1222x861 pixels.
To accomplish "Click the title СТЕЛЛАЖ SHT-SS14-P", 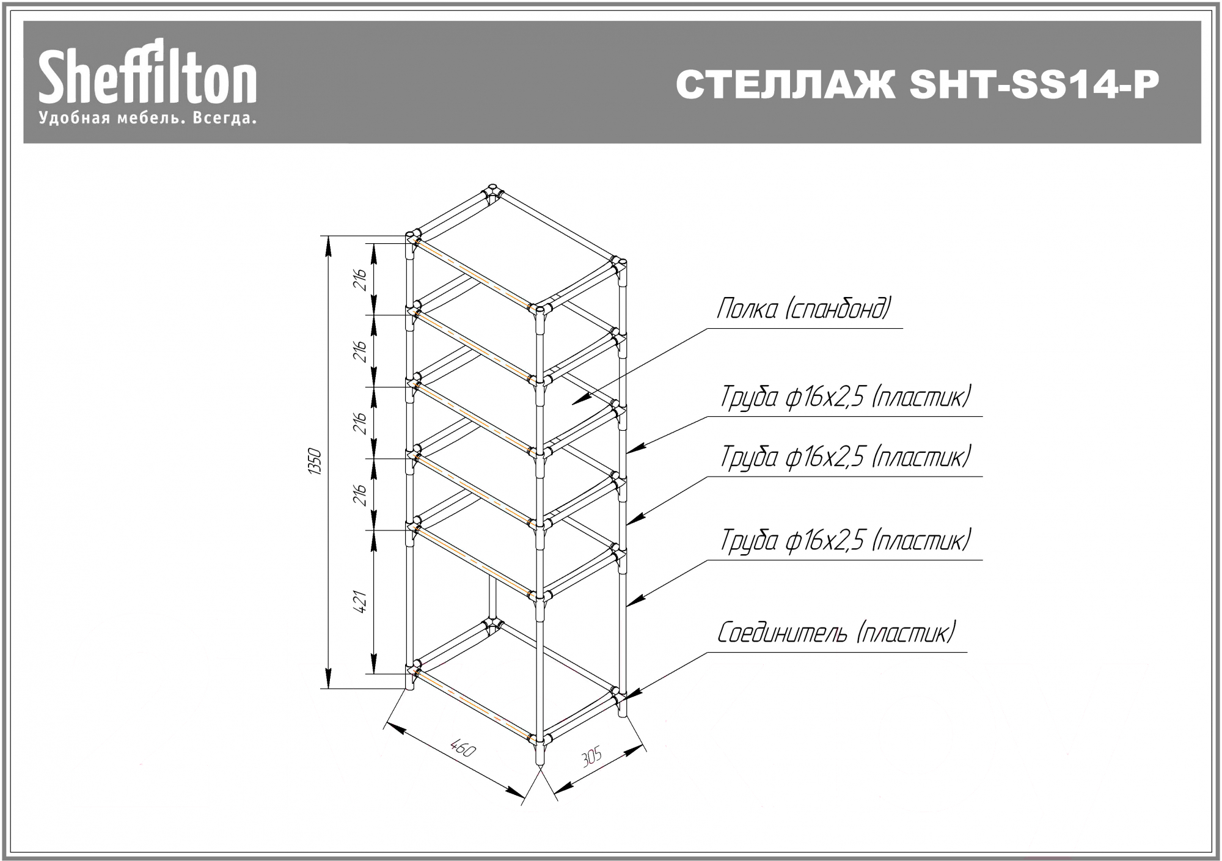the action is (917, 85).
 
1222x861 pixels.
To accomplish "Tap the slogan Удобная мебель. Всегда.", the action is (147, 118).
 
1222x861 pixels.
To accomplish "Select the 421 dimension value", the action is (361, 601).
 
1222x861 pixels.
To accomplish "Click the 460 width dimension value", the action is (462, 748).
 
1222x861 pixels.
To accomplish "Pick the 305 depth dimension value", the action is (591, 757).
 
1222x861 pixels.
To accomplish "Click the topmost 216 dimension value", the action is (361, 279).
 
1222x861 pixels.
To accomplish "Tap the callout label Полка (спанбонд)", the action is (804, 309).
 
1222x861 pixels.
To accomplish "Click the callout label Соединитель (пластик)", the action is (836, 632).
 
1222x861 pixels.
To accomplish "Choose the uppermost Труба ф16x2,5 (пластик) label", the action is (846, 397).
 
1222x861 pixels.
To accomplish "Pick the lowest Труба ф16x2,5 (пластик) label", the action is (846, 540).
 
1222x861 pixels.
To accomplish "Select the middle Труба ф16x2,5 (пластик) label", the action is (846, 456).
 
